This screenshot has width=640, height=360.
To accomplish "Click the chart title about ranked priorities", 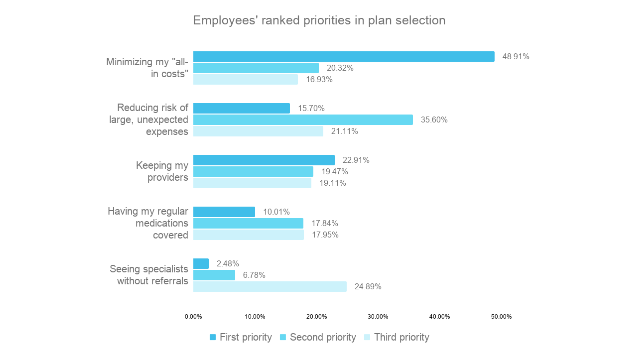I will point(319,20).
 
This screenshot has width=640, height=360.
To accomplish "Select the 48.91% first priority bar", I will point(343,57).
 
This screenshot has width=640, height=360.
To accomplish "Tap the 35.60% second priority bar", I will point(303,120).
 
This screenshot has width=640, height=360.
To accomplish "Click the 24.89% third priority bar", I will point(270,287).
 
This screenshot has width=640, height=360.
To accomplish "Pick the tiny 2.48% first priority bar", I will point(201,264).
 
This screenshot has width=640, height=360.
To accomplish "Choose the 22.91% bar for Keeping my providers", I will point(264,160).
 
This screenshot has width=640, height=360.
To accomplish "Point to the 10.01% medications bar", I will point(224,212).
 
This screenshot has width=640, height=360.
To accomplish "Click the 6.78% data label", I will point(254,275).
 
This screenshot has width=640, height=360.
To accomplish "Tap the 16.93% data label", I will point(319,79).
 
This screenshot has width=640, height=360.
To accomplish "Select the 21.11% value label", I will point(344,131).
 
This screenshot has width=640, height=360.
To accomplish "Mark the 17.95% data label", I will point(325,235).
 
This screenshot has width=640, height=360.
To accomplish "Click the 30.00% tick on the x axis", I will point(378,316).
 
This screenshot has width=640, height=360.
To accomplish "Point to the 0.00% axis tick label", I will point(193,316).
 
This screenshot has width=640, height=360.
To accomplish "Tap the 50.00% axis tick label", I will point(501,316).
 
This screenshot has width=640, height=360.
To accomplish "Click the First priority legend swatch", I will point(213,337).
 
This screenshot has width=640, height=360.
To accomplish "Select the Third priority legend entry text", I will point(401,337).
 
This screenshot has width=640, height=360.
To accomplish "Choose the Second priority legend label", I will point(323,337).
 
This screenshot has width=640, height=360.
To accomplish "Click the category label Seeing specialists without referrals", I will point(149,275).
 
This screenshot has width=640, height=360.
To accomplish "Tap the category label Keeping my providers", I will point(162,171).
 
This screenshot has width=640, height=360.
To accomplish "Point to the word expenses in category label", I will point(167,132).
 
